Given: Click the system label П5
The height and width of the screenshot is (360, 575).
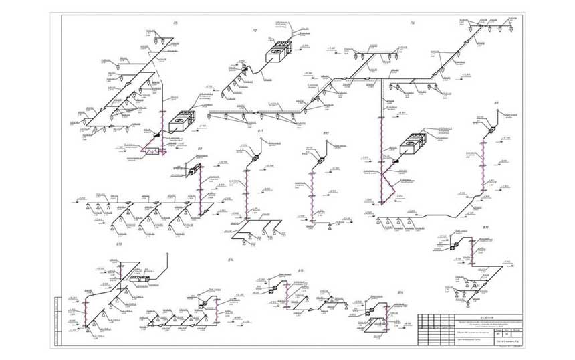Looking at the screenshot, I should coord(175,24).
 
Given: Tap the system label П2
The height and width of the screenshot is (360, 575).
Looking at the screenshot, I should coord(255,31).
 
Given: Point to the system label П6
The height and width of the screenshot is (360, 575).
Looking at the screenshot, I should coord(413,24).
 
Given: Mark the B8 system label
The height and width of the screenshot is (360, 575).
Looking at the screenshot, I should coord(199,149).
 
